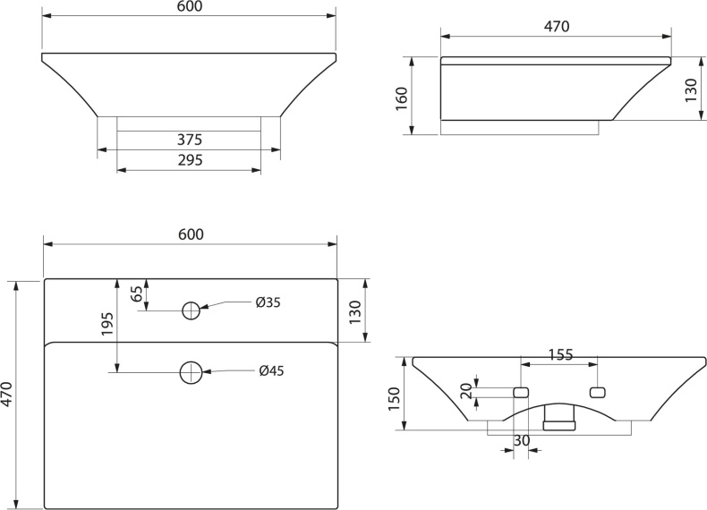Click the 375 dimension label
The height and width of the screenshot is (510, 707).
[x=189, y=140]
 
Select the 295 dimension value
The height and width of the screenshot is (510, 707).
[x=189, y=160]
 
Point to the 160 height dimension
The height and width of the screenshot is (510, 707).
[x=402, y=95]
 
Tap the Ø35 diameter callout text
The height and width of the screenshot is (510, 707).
[x=268, y=302]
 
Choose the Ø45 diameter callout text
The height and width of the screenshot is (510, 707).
[x=271, y=371]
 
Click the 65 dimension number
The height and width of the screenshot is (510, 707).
[x=137, y=293]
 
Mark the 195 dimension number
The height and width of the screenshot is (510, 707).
[x=106, y=325]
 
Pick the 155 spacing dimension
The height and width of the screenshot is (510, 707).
[x=560, y=355]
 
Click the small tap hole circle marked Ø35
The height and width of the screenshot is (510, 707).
[x=191, y=310]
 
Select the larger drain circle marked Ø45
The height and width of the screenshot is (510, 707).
[x=191, y=372]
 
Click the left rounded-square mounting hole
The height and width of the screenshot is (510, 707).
[x=520, y=392]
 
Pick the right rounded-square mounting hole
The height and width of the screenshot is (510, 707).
[x=598, y=392]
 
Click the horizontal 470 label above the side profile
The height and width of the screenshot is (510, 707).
[x=557, y=27]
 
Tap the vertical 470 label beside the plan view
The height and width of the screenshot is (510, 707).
[x=7, y=395]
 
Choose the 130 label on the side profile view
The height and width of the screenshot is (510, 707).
[x=690, y=89]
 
